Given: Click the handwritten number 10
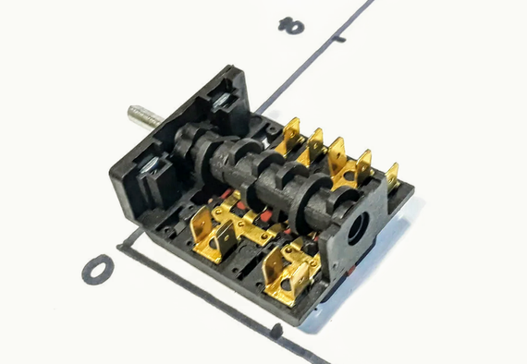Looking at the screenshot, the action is coord(291,26).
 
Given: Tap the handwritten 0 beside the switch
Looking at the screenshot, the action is coord(98,270).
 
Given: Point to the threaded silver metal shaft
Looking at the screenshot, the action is coord(145,116).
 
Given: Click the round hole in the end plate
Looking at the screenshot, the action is coord(359,228).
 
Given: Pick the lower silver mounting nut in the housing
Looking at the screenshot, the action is coord(150,165).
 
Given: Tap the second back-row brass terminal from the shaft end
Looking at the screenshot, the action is coord(313,146).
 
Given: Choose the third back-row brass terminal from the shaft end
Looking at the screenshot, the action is coord(337,156).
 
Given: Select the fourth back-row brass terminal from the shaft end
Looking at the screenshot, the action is coord(363,166).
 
